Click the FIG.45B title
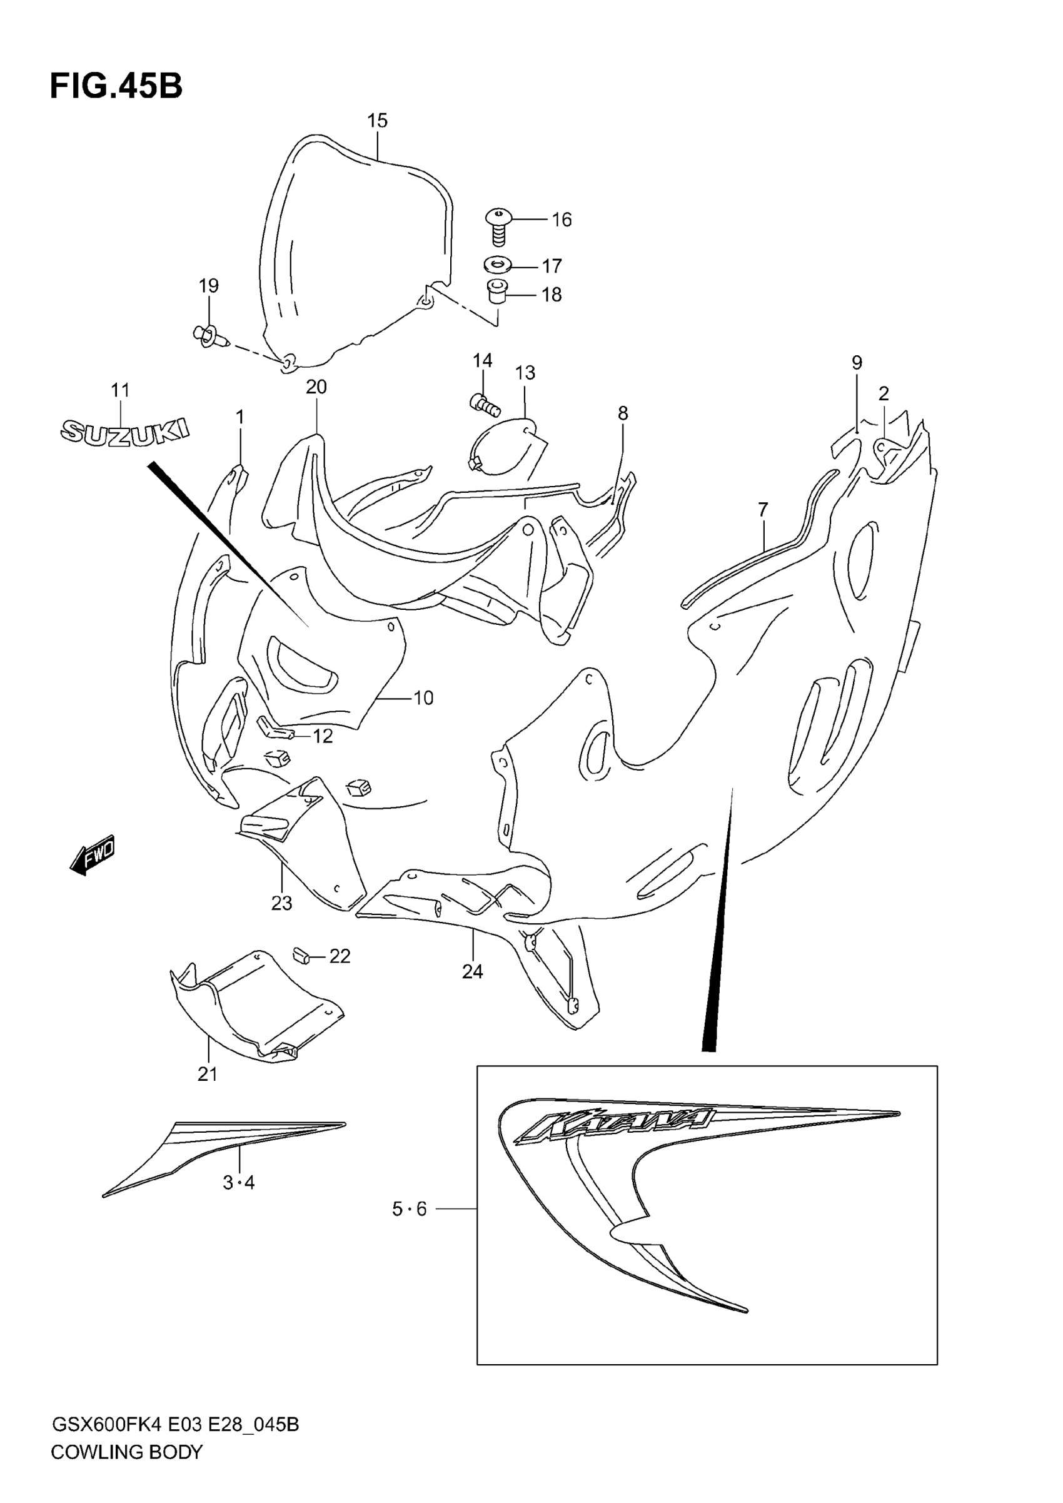tap(116, 86)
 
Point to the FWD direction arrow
tap(93, 854)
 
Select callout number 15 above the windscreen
tap(377, 121)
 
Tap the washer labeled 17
tap(499, 265)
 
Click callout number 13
tap(525, 373)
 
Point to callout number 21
tap(208, 1074)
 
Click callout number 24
tap(473, 971)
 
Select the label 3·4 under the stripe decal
tap(239, 1182)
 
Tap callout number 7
tap(763, 509)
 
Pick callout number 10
tap(423, 698)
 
